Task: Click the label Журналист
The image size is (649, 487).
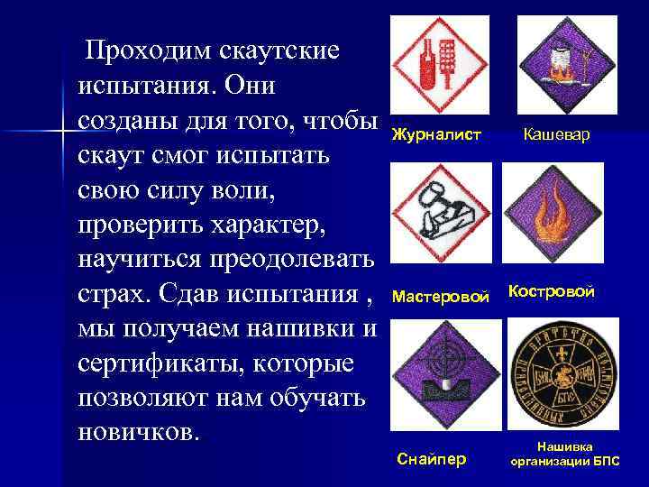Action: click(x=436, y=134)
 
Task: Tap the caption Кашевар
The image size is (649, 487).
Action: click(x=557, y=134)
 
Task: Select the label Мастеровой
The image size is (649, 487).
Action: click(x=442, y=295)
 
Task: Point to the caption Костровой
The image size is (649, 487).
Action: click(x=552, y=291)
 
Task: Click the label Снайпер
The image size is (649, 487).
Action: click(x=433, y=459)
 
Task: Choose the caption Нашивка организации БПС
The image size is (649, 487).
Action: click(x=564, y=453)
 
